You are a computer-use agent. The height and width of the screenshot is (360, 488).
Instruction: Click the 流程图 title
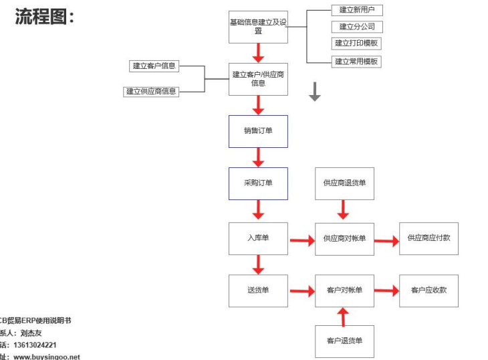[x=43, y=17]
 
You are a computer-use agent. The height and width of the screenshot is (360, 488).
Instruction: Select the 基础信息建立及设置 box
[x=258, y=27]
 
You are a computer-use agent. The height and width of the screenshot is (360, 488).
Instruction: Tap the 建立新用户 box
[x=357, y=10]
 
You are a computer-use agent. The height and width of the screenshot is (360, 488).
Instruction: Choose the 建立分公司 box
[x=357, y=27]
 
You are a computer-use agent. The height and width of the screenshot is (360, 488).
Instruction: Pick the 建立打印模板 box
[x=357, y=43]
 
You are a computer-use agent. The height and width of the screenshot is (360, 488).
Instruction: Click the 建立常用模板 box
[x=357, y=61]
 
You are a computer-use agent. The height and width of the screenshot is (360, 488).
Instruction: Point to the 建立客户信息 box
[x=154, y=66]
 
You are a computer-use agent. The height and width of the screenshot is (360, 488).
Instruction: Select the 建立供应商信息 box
[x=152, y=91]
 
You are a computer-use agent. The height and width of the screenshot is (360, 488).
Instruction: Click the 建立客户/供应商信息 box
[x=258, y=79]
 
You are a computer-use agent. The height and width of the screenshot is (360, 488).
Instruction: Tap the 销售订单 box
[x=258, y=130]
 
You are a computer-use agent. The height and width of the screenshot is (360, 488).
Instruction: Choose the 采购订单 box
[x=258, y=183]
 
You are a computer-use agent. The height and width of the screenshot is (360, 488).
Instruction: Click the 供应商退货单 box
[x=344, y=183]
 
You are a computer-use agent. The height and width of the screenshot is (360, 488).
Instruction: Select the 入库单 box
[x=258, y=238]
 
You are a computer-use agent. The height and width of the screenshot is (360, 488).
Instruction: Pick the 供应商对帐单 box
[x=344, y=238]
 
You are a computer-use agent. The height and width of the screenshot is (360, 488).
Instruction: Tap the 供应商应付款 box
[x=429, y=238]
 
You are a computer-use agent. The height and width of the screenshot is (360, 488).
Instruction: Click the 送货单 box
[x=258, y=290]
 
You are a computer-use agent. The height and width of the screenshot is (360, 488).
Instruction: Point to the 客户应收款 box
[x=429, y=290]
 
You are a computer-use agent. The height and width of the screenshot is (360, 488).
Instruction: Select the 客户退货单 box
[x=344, y=341]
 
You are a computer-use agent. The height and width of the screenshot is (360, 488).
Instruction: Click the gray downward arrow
[x=315, y=92]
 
